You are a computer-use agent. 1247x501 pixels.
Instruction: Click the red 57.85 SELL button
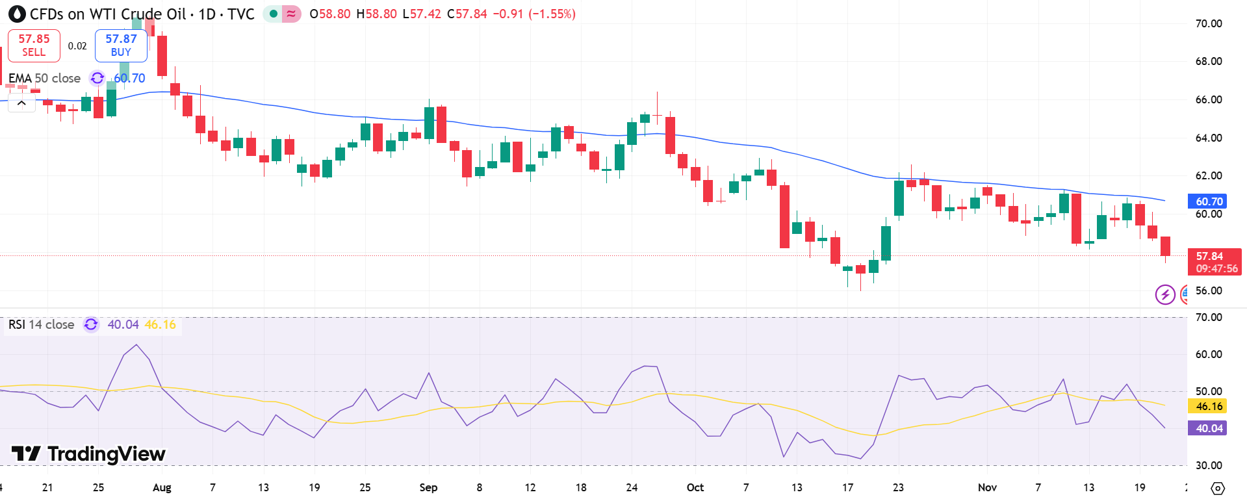coord(34,45)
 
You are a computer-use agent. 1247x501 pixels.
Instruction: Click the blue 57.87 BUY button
coord(121,45)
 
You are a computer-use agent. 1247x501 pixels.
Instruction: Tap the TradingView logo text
coord(89,454)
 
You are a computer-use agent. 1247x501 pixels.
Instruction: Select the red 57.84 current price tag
coord(1213,262)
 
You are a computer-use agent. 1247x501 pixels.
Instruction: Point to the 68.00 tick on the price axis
coord(1208,61)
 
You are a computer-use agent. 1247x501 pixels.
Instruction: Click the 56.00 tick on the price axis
coord(1208,290)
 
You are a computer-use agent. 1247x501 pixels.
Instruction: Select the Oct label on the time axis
coord(695,487)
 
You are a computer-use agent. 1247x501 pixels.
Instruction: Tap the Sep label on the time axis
coord(428,487)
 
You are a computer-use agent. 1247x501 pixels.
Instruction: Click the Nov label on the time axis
coord(986,487)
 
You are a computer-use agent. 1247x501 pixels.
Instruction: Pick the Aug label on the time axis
coord(162,487)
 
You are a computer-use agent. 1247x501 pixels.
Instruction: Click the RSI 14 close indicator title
coord(42,324)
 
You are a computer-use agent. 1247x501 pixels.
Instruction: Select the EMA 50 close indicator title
coord(44,78)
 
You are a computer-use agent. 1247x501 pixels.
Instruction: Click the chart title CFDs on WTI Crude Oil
coord(108,14)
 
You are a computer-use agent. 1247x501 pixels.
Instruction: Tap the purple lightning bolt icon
coord(1164,294)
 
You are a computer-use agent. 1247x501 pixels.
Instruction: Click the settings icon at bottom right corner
coord(1218,488)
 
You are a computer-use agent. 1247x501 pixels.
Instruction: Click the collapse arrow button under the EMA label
coord(21,103)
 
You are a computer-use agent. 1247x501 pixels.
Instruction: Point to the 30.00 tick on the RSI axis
coord(1208,465)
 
